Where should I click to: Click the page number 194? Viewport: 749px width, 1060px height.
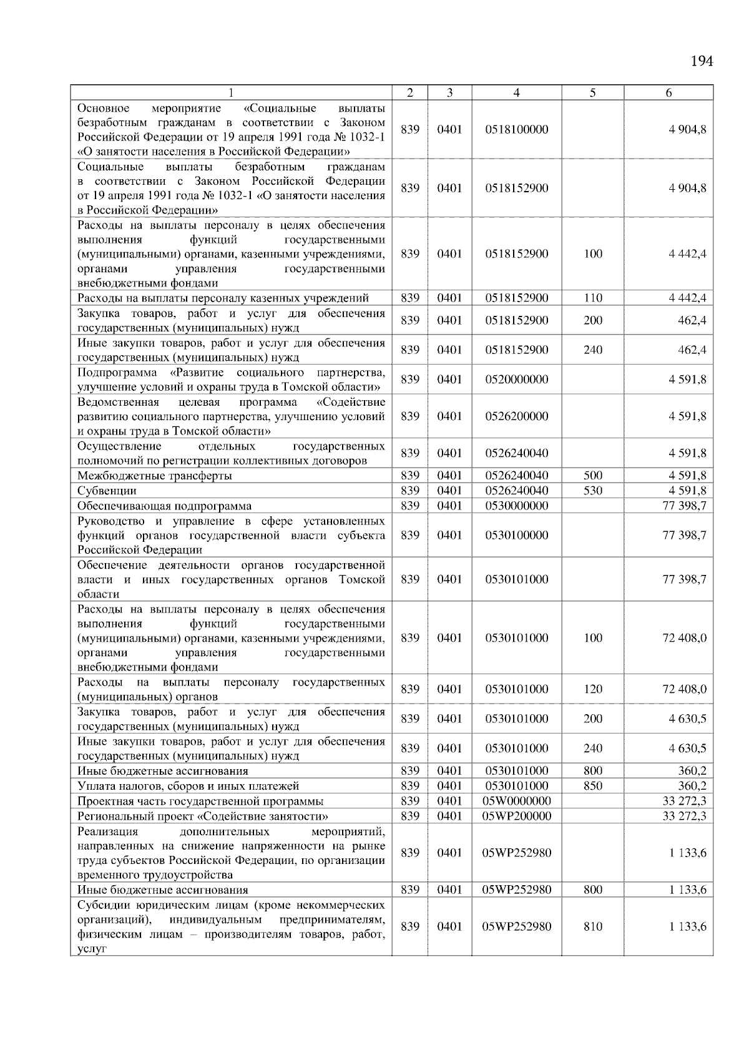click(702, 61)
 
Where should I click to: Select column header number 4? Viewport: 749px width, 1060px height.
click(516, 93)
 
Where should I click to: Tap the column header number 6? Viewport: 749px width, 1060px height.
click(668, 93)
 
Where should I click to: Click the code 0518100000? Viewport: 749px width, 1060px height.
click(516, 130)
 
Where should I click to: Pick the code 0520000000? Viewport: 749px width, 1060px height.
click(516, 380)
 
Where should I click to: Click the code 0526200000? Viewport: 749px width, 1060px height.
click(516, 416)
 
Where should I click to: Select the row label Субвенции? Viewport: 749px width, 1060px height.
click(107, 491)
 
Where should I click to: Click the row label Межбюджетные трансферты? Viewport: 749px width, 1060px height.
click(154, 476)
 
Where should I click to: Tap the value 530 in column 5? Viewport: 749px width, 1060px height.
click(592, 491)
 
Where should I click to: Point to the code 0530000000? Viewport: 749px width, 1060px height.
click(516, 506)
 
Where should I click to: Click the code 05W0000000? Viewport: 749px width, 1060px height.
click(516, 801)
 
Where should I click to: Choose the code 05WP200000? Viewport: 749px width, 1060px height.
click(516, 816)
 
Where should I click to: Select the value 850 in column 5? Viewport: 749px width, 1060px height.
click(592, 786)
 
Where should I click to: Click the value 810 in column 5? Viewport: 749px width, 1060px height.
click(592, 927)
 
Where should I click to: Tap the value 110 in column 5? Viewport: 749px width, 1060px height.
click(592, 298)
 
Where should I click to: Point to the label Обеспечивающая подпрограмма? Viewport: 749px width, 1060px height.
click(164, 506)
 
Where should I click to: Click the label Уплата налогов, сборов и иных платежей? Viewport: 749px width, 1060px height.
click(188, 786)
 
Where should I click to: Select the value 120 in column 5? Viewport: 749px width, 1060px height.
click(592, 689)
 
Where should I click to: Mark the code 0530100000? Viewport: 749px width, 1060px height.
click(516, 535)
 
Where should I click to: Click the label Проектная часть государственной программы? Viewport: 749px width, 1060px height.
click(200, 801)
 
